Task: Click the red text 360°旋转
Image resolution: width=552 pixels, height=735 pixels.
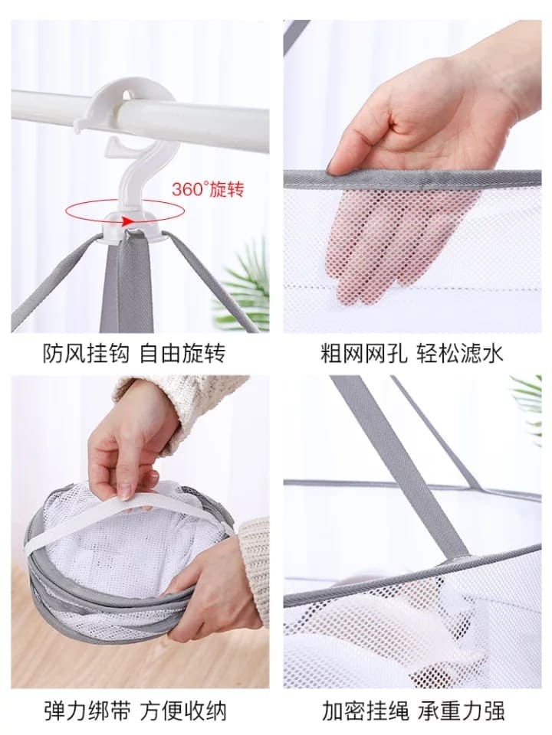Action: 208,189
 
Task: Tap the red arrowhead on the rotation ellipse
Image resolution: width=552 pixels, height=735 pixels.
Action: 126,220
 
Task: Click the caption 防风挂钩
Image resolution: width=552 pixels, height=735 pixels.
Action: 87,354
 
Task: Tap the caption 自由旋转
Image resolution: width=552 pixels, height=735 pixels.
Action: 183,354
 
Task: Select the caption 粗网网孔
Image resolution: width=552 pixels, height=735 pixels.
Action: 364,354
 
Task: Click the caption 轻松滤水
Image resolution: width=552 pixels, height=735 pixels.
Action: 460,354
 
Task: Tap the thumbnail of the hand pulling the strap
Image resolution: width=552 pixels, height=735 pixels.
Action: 125,492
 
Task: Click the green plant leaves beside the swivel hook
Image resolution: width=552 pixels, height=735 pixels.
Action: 246,286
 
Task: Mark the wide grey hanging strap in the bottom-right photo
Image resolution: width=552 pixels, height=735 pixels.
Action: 404,469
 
